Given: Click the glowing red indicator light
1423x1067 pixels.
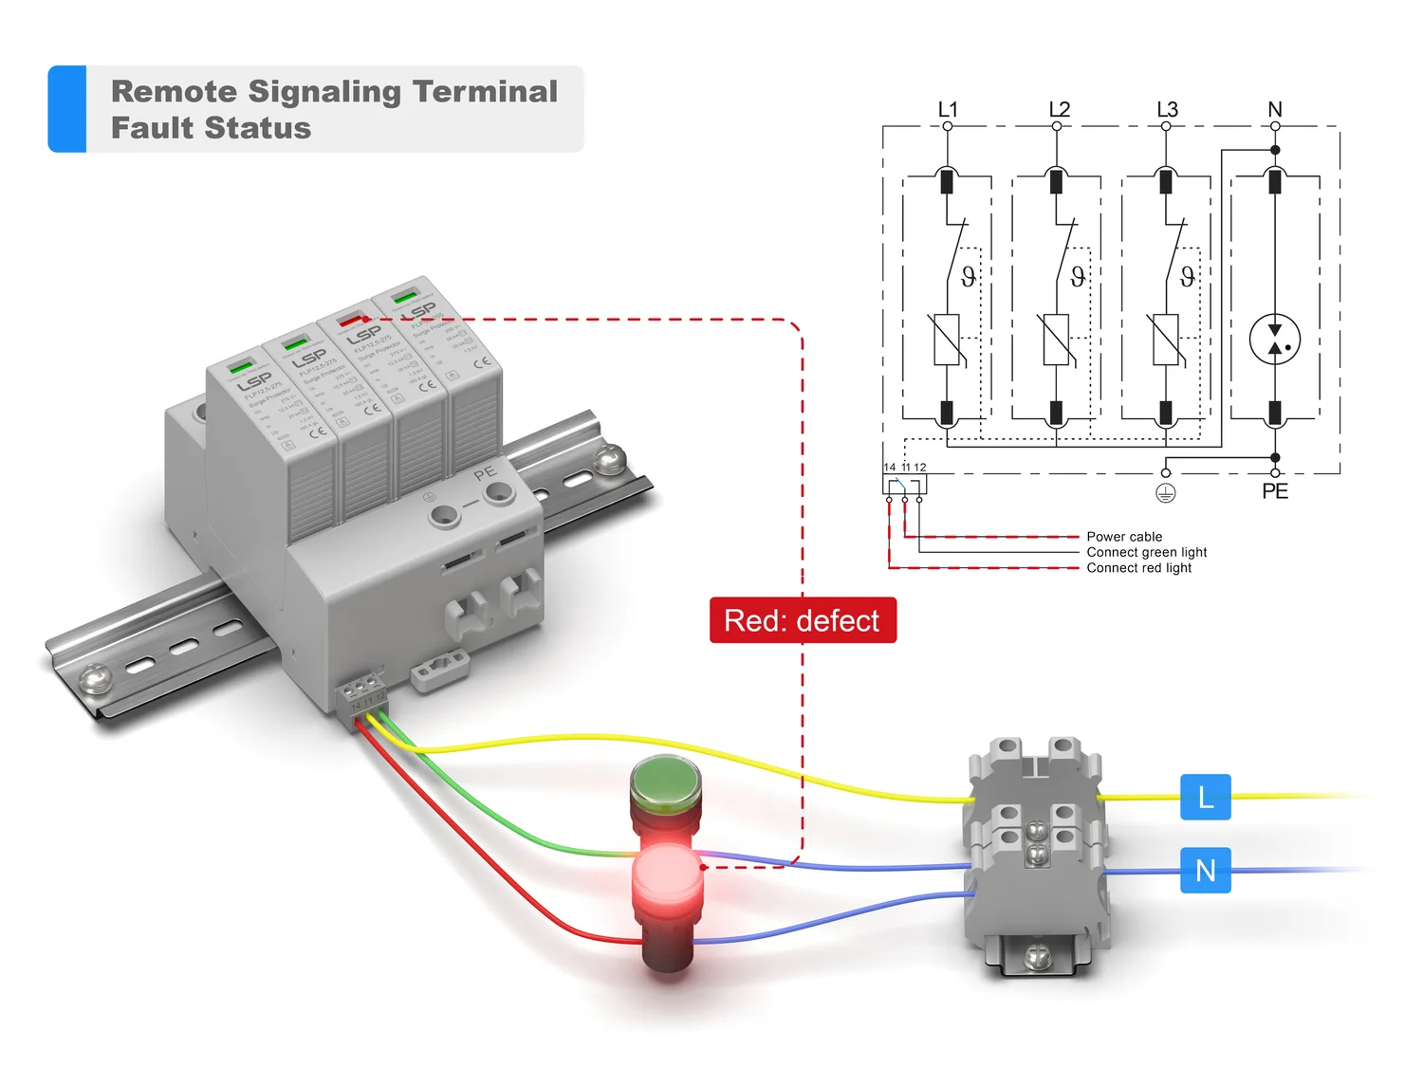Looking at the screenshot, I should coord(667,878).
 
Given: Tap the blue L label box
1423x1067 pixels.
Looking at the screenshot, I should coord(1205,797).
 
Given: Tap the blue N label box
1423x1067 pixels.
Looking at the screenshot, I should coord(1205,870).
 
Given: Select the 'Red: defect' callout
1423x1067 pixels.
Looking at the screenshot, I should coord(803,620).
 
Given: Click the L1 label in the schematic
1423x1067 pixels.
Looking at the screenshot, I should coord(948,110).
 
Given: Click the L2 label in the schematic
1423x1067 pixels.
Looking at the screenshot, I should coord(1059,110).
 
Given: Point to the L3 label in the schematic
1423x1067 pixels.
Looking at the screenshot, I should coord(1167,110).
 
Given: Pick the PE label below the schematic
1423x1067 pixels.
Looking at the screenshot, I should coord(1275,491).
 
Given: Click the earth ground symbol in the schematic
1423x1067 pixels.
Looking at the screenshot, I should coord(1166,493).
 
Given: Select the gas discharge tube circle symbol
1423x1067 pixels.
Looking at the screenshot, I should coord(1275,340).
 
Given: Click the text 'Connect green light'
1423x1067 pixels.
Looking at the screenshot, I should coord(1146,552).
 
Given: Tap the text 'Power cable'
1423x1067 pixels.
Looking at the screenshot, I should coord(1124,537).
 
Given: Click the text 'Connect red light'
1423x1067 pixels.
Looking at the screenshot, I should coord(1138,568).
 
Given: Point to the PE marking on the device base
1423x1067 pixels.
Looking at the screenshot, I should coord(485,472).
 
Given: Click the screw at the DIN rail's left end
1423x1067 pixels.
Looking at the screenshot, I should coord(94,677).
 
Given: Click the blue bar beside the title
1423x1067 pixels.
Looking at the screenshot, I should coord(67,109).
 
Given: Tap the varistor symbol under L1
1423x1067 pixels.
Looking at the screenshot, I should coord(947,340).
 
